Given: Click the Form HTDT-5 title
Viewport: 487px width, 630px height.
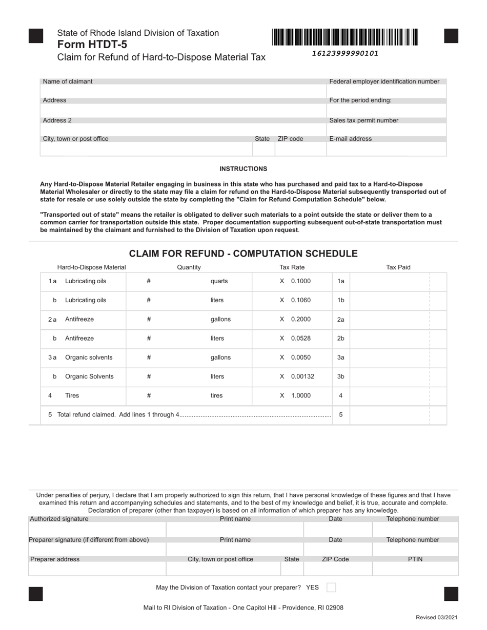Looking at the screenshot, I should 92,45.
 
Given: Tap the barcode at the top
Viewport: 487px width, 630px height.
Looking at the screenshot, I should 345,37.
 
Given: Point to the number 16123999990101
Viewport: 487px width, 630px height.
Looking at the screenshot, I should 345,53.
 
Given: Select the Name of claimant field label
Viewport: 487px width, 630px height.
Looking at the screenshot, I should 68,81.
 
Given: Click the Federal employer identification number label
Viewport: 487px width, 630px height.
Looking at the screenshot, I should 384,81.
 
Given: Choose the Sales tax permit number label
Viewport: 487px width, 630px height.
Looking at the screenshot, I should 363,120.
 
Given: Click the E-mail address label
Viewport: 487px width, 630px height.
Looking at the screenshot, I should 350,139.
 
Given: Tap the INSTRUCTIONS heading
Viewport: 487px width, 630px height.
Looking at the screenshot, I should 243,169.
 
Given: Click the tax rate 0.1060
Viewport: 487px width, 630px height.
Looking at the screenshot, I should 300,300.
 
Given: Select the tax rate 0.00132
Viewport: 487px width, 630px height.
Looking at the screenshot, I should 302,376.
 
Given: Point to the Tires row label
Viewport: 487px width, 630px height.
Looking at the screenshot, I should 72,395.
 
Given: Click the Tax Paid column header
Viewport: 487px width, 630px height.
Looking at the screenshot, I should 398,267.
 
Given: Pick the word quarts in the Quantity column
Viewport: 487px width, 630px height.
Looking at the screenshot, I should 219,281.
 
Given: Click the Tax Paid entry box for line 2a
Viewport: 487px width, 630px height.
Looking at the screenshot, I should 390,320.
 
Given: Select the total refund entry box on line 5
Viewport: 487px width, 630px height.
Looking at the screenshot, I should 390,415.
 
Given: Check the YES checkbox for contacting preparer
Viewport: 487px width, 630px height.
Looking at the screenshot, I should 331,587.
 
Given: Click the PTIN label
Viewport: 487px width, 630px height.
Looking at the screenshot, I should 415,559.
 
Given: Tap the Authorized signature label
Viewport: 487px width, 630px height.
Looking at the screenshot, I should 59,519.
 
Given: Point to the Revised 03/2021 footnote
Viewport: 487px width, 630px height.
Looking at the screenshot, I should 437,618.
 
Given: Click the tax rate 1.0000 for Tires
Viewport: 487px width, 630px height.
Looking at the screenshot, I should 300,395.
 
